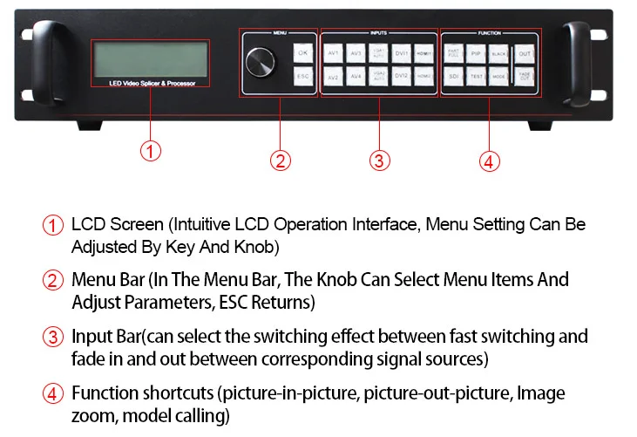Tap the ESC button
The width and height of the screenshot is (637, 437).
click(302, 77)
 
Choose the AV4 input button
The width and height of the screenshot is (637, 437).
click(356, 77)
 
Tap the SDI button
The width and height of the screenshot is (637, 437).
click(453, 77)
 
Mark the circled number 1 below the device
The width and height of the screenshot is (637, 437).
click(151, 152)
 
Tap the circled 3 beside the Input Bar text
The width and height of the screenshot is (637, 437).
click(54, 337)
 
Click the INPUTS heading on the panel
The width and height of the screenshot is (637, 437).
click(378, 32)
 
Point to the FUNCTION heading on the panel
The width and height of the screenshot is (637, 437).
click(490, 32)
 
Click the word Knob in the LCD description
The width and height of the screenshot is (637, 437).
click(235, 247)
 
